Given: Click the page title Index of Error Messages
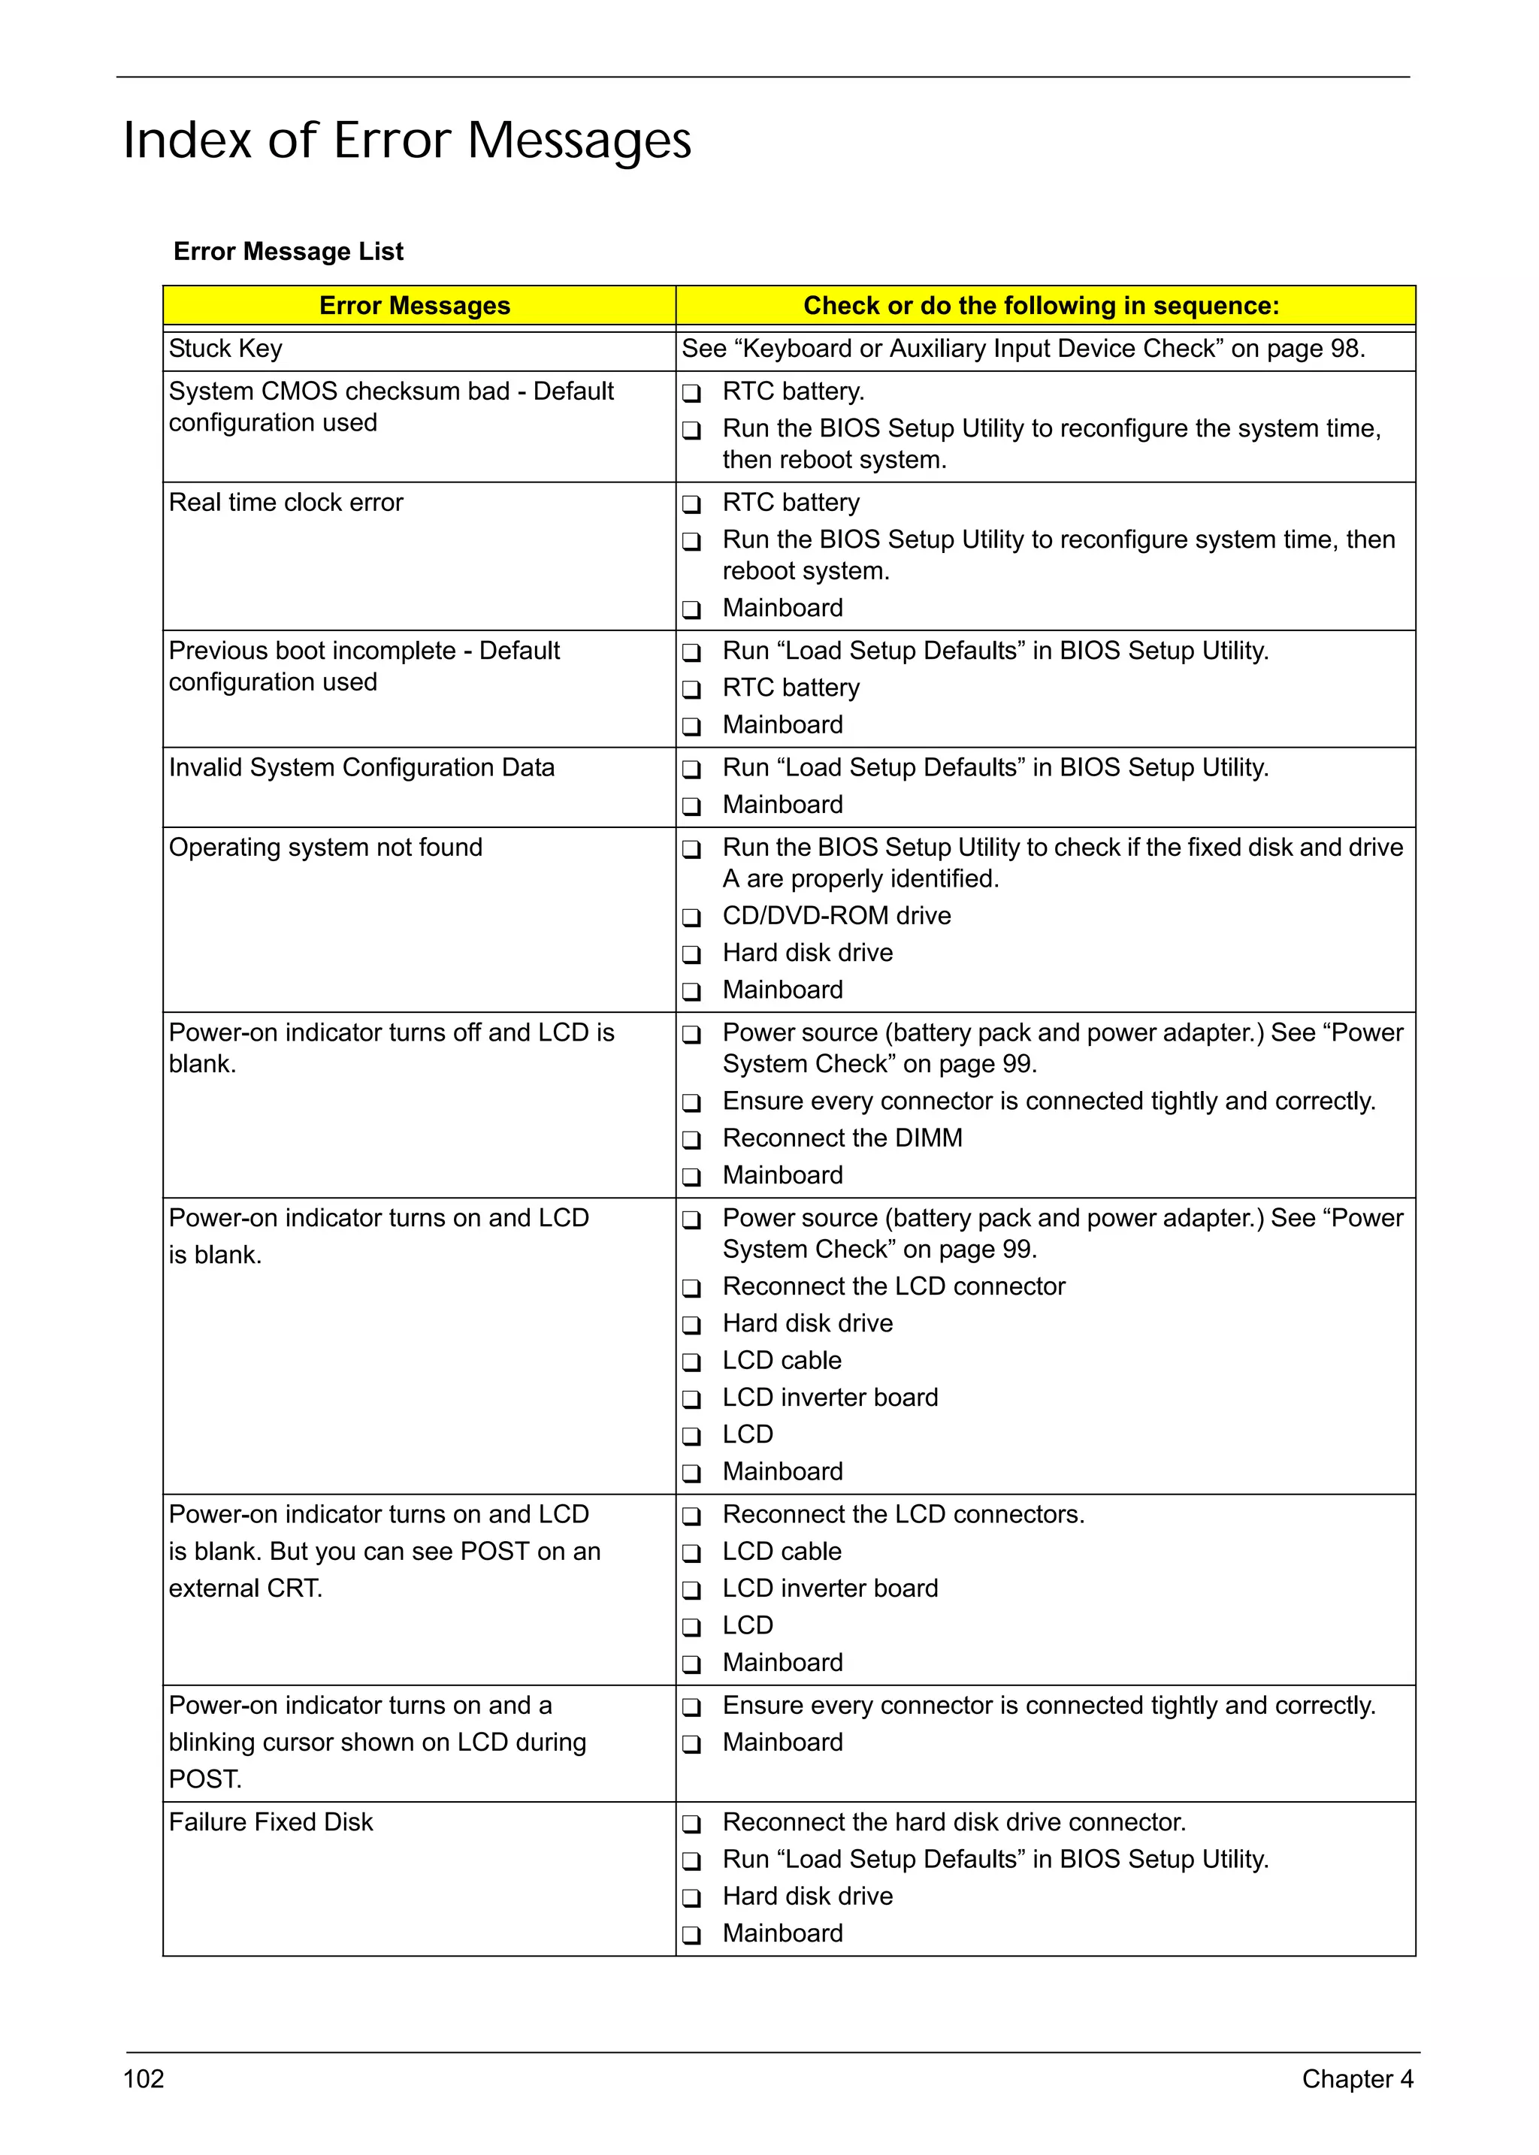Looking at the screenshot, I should pyautogui.click(x=407, y=141).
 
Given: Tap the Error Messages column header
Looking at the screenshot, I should pyautogui.click(x=414, y=305).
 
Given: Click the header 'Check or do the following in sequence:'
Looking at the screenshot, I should pyautogui.click(x=1041, y=305).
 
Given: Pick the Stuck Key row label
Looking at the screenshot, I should pyautogui.click(x=225, y=349).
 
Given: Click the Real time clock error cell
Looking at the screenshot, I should pyautogui.click(x=286, y=502).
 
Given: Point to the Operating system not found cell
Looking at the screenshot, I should pyautogui.click(x=325, y=848).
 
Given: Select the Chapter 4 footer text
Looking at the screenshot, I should pyautogui.click(x=1357, y=2078).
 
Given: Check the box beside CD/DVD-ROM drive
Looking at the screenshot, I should pyautogui.click(x=692, y=917).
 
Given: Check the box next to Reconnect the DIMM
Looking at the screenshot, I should pyautogui.click(x=692, y=1139).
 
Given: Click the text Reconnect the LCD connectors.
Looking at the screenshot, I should pyautogui.click(x=903, y=1514).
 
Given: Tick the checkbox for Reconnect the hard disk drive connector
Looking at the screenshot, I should pyautogui.click(x=692, y=1824).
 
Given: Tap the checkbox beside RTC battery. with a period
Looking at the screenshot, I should pyautogui.click(x=692, y=392).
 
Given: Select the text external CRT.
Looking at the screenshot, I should pyautogui.click(x=246, y=1588).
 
